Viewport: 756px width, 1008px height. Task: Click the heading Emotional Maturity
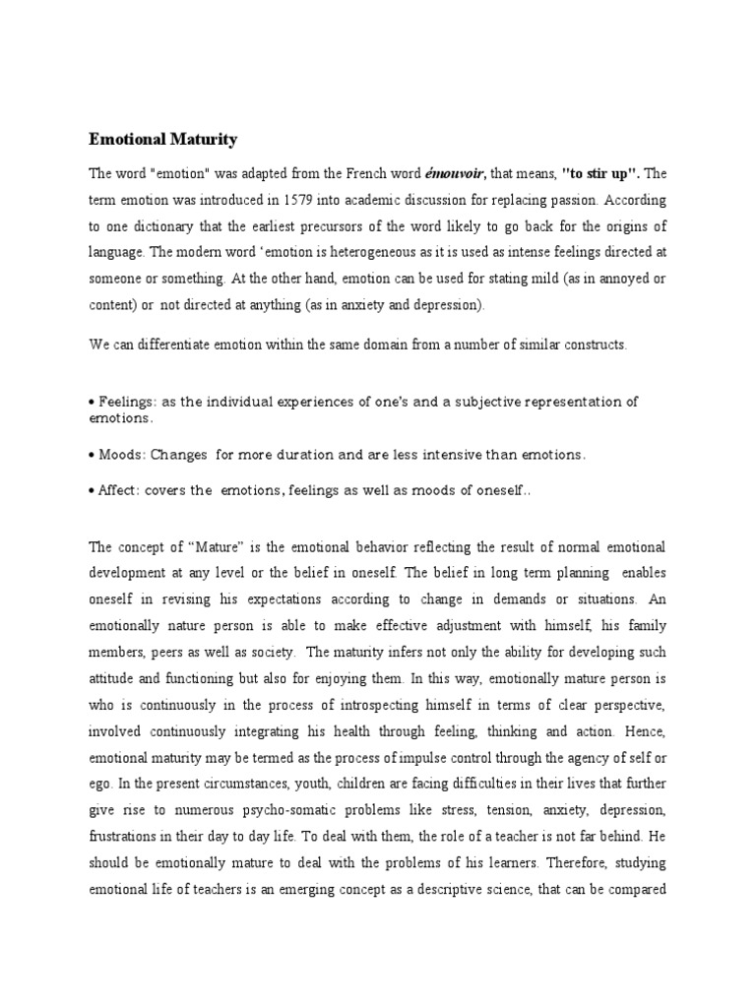[x=163, y=140]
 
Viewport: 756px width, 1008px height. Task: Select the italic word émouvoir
[x=456, y=174]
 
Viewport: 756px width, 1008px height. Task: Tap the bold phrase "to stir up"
[x=600, y=174]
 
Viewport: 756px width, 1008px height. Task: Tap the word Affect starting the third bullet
[x=118, y=492]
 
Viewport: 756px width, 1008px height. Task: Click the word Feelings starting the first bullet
[x=125, y=401]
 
